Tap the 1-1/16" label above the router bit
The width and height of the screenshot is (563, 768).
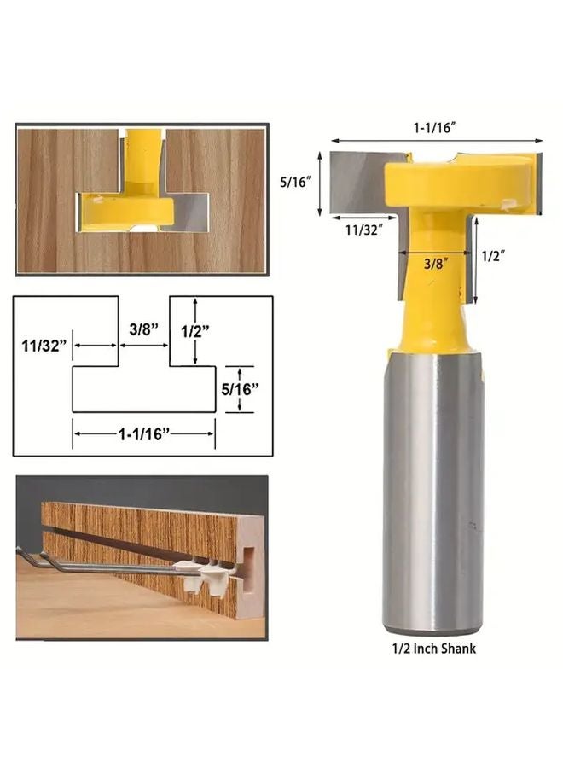(x=434, y=126)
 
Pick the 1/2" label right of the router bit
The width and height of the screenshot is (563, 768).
(x=494, y=255)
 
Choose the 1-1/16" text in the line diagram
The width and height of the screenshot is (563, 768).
(x=143, y=433)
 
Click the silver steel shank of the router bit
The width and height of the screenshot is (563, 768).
(x=433, y=495)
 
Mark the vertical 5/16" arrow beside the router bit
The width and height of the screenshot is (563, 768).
(x=320, y=183)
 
